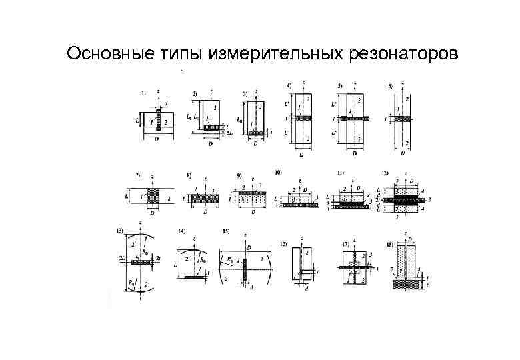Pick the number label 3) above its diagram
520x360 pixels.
[x=245, y=93]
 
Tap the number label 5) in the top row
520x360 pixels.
[x=340, y=87]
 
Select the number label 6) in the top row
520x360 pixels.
[x=390, y=87]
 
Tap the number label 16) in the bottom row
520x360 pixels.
[x=284, y=245]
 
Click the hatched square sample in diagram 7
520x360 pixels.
[x=153, y=197]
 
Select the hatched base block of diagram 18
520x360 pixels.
[x=406, y=285]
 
